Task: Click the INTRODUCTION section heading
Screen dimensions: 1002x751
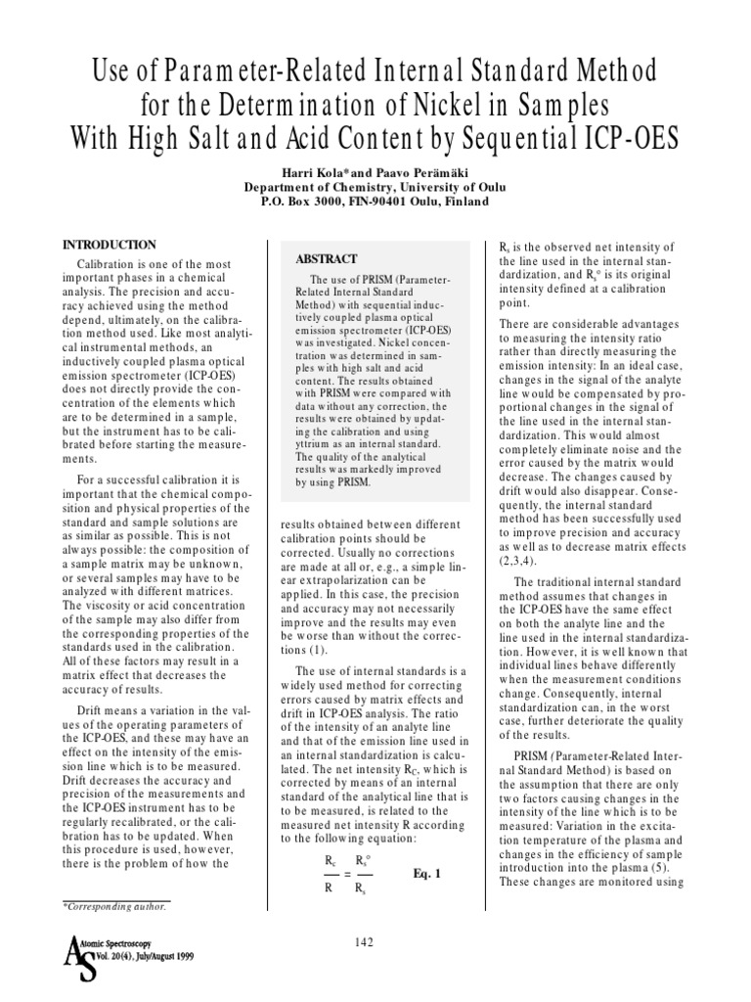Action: tap(109, 244)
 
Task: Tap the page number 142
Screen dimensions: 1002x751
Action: tap(364, 941)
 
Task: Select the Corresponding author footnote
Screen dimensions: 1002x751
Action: tap(115, 906)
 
